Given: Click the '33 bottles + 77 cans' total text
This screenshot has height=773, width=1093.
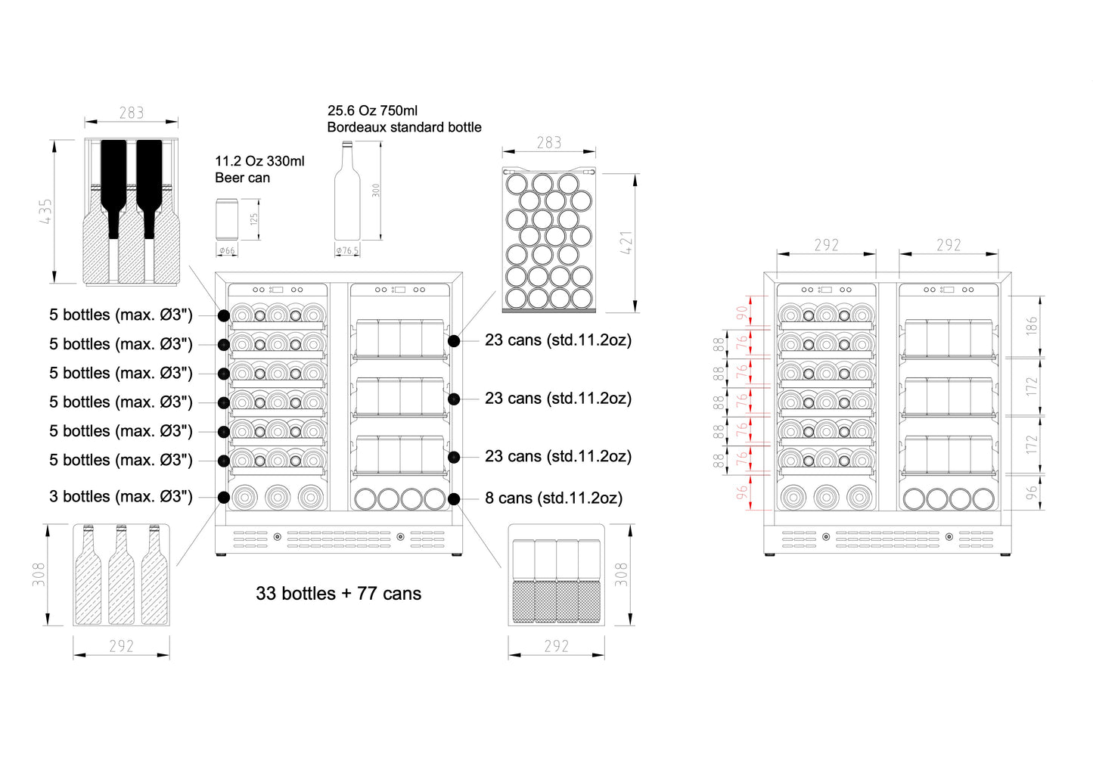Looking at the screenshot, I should coord(338,594).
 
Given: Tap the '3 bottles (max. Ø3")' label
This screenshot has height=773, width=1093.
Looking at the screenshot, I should coord(121,497).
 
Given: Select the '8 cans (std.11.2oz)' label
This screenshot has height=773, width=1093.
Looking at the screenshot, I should coord(554,498).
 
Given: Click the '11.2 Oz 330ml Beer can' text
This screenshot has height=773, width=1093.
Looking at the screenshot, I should coord(259,169).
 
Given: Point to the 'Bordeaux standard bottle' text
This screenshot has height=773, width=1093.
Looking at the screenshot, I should coord(404,127).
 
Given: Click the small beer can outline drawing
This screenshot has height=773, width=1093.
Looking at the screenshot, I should coord(227,219).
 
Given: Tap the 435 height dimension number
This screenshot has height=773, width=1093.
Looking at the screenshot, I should coord(45,212).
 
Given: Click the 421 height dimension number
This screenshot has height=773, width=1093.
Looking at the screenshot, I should coord(626,243).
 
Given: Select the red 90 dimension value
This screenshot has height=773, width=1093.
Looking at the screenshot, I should coord(742,310).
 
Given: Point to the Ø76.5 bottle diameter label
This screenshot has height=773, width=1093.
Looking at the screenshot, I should coord(347,251).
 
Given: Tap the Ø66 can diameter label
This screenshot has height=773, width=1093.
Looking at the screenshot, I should coord(227,250).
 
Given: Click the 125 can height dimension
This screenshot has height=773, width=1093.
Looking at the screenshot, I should coord(254,219).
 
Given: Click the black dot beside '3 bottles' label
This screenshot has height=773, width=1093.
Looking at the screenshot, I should coord(224,497).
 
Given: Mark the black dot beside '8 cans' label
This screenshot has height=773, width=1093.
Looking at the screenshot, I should coord(454,498).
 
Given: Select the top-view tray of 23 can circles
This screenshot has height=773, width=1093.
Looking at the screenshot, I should coord(549,240).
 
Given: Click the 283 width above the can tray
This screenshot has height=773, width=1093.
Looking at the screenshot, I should coord(549,143).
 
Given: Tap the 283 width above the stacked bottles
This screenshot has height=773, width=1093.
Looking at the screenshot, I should coord(131,113).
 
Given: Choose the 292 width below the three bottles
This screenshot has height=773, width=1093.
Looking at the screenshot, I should coord(121,646).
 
